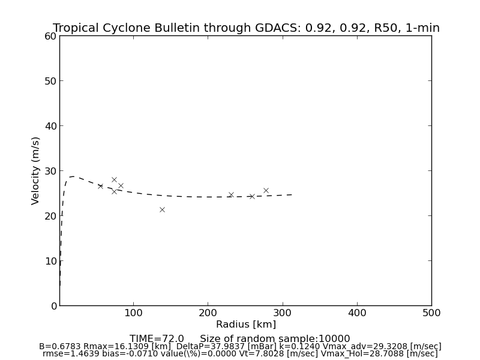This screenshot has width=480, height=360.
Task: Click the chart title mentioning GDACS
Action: [246, 28]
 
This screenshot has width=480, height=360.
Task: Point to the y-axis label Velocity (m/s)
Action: [36, 170]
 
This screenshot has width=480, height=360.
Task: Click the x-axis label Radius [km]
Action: [246, 325]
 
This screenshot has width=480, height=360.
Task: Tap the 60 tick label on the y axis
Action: [50, 36]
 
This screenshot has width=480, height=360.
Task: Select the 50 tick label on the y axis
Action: [50, 81]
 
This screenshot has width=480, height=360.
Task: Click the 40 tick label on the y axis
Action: [50, 126]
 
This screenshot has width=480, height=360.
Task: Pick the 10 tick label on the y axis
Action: [50, 261]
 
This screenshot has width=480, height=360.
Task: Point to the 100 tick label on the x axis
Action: [133, 313]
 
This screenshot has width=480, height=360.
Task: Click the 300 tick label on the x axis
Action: [283, 313]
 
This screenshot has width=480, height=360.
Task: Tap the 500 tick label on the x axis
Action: [431, 313]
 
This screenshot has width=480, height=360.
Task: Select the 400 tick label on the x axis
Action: [357, 313]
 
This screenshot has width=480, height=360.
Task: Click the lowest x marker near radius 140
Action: [162, 209]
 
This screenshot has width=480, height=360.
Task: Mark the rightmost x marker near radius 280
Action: [266, 190]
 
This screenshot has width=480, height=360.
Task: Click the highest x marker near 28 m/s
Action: [114, 179]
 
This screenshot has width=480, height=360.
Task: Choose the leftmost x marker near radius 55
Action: [100, 186]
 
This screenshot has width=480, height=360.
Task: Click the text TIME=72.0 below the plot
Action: [157, 339]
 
